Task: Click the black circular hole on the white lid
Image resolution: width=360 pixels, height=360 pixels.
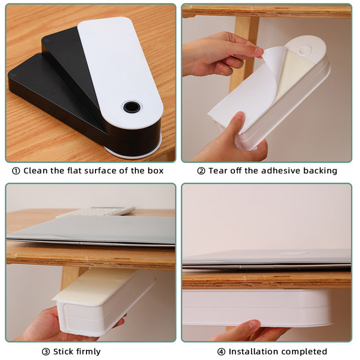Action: click(x=132, y=107)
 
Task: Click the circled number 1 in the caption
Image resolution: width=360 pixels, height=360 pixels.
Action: click(x=16, y=171)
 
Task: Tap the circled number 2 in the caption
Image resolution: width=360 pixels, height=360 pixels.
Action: click(x=201, y=171)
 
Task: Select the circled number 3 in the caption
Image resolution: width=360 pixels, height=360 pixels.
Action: click(x=46, y=352)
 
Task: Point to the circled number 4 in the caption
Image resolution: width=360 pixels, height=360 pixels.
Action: click(x=221, y=352)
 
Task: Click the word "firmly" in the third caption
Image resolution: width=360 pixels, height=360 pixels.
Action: click(x=88, y=352)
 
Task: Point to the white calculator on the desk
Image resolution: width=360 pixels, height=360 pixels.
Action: click(x=96, y=211)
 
